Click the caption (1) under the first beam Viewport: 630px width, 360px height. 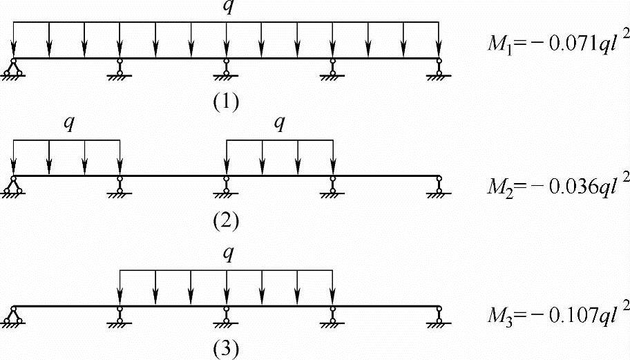tap(226, 102)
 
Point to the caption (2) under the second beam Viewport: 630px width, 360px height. tap(226, 220)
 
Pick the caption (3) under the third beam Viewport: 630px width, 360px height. tap(226, 350)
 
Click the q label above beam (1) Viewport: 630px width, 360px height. tap(225, 7)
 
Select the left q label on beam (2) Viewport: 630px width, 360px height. tap(67, 124)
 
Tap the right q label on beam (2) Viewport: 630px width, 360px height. tap(279, 124)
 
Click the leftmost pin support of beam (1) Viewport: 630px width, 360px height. tap(13, 68)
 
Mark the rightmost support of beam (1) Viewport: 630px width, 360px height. tap(439, 68)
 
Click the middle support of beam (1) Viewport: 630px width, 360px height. tap(226, 68)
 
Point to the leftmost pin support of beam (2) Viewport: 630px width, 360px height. tap(13, 185)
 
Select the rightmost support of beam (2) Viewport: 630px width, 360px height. tap(439, 185)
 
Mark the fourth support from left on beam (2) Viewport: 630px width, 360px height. tap(332, 185)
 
